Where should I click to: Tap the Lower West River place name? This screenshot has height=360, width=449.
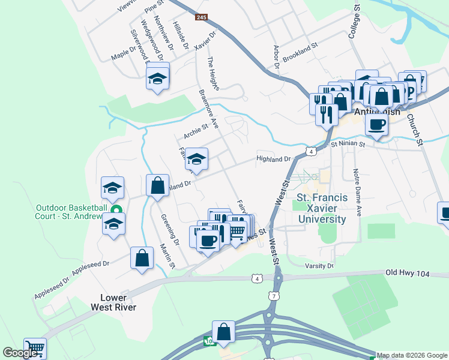(113, 302)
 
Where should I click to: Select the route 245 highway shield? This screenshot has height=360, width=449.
(201, 17)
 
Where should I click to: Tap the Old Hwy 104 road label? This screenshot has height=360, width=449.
(408, 273)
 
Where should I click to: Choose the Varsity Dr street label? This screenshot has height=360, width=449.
(319, 266)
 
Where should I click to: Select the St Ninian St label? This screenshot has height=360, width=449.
(342, 144)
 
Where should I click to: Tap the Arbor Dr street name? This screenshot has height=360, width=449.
(277, 56)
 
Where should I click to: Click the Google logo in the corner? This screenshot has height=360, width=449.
(20, 353)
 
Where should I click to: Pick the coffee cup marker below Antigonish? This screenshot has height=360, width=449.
(376, 124)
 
